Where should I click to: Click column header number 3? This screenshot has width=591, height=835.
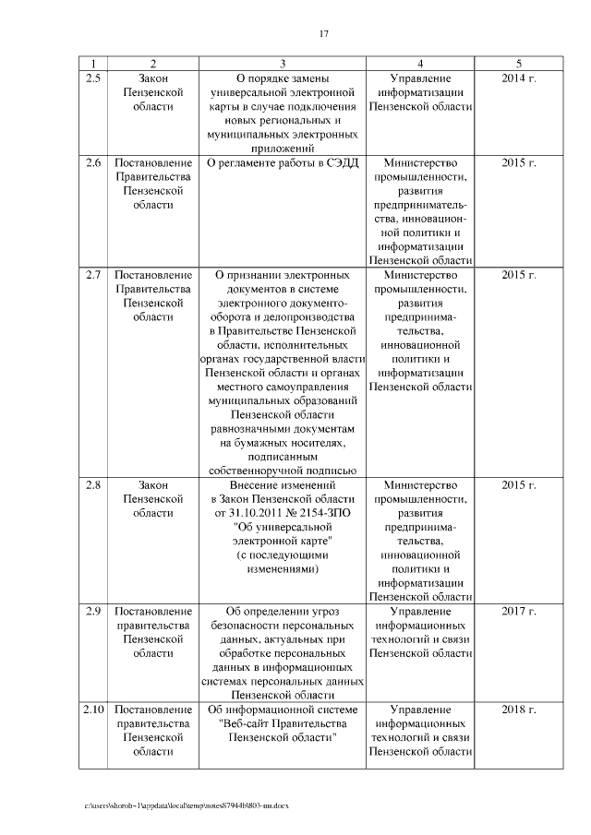pyautogui.click(x=283, y=64)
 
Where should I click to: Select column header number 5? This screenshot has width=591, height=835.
pyautogui.click(x=519, y=64)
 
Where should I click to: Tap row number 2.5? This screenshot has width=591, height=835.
pyautogui.click(x=92, y=78)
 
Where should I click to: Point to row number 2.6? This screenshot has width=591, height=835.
pyautogui.click(x=92, y=163)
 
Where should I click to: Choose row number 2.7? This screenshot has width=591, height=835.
pyautogui.click(x=92, y=275)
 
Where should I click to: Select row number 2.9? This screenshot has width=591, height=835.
pyautogui.click(x=92, y=611)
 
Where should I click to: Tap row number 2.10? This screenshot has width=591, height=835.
pyautogui.click(x=92, y=710)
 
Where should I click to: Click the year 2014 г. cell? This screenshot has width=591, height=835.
pyautogui.click(x=519, y=78)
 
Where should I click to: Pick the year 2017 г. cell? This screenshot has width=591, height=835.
pyautogui.click(x=519, y=611)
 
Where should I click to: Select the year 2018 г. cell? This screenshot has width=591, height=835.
pyautogui.click(x=519, y=710)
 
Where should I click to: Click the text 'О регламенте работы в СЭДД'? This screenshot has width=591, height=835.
pyautogui.click(x=282, y=163)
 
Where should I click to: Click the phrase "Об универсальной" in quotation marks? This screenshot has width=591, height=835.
pyautogui.click(x=283, y=528)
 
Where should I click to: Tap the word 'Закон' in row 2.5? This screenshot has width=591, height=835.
pyautogui.click(x=153, y=78)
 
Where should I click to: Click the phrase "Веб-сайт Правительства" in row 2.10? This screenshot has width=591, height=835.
pyautogui.click(x=283, y=723)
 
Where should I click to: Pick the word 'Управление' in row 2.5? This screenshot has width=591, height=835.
pyautogui.click(x=420, y=78)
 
